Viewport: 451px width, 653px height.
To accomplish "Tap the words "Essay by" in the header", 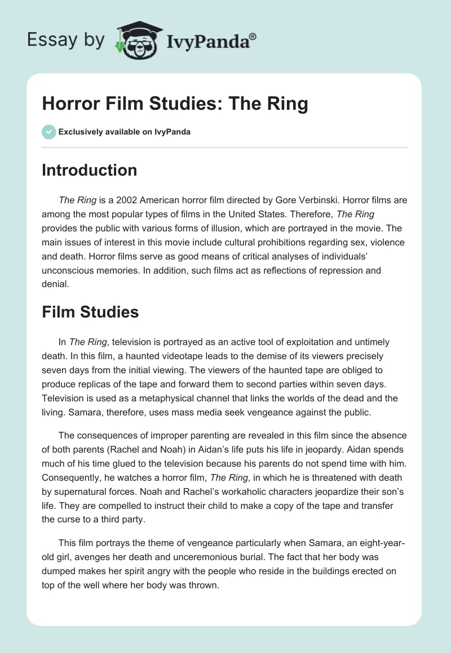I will (x=67, y=39).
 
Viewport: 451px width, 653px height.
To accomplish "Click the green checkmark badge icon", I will (x=48, y=132).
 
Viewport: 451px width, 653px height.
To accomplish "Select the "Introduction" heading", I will (x=89, y=170).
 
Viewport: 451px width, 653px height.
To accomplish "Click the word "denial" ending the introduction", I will (x=55, y=284).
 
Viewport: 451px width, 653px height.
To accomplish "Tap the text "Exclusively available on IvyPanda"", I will (x=125, y=132).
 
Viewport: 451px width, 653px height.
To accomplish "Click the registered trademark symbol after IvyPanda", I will (x=253, y=36).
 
